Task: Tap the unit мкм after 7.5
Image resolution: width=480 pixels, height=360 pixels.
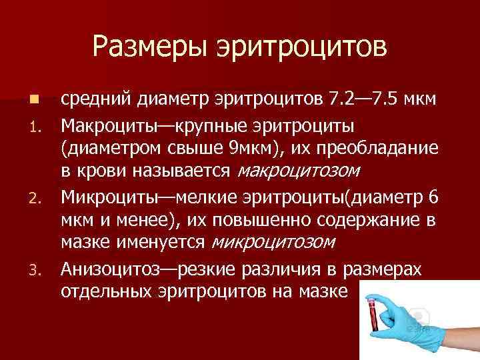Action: (425, 99)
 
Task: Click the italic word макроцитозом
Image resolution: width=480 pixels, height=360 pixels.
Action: (299, 172)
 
